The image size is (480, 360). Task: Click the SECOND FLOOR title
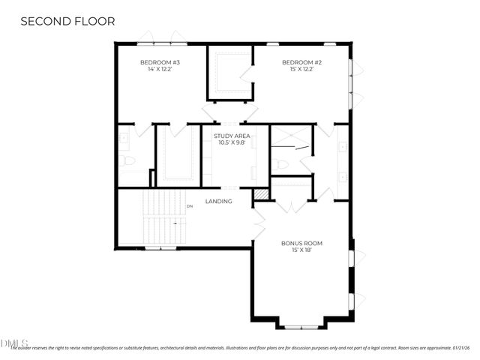pos(67,22)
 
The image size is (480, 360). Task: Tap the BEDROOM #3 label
pos(160,62)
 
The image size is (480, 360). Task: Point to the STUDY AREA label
pos(231,136)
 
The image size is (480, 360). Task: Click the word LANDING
pos(218,201)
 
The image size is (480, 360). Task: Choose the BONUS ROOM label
pos(301,243)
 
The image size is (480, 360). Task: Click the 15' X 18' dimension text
pos(301,250)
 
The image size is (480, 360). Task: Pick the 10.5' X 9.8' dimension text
pos(231,142)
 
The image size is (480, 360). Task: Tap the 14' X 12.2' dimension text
pos(160,69)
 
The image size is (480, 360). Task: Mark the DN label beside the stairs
pos(190,205)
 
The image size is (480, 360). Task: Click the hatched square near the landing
pos(261,193)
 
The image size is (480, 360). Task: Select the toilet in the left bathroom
pos(128,160)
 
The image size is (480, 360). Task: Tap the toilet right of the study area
pos(280,164)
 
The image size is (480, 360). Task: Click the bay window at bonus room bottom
pos(301,326)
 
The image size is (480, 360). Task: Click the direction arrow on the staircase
pos(175,223)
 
